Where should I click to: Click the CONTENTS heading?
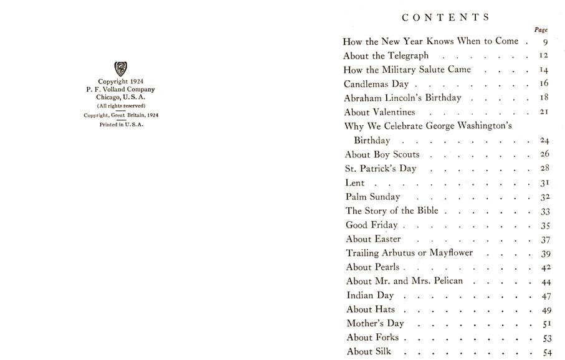[x=446, y=17]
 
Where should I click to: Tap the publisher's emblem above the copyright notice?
[x=121, y=69]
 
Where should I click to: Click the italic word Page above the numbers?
[x=541, y=30]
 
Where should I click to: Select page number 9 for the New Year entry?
[x=544, y=42]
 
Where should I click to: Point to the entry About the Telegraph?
[x=386, y=55]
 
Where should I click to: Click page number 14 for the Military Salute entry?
[x=543, y=70]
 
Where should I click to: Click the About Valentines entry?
[x=379, y=112]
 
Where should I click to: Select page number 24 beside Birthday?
[x=544, y=141]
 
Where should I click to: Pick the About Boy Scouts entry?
[x=382, y=154]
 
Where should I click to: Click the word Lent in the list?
[x=354, y=183]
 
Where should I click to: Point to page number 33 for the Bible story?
[x=544, y=212]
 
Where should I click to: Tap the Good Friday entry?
[x=371, y=225]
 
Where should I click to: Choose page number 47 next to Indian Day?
[x=544, y=296]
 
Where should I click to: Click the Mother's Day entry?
[x=375, y=323]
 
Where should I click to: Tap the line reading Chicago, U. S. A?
[x=121, y=97]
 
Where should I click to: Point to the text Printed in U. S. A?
[x=121, y=125]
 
